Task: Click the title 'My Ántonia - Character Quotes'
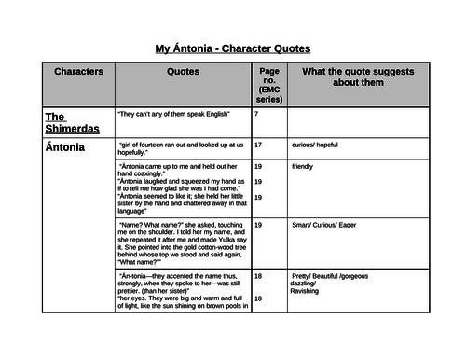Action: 232,48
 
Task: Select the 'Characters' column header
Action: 78,71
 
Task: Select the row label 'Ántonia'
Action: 64,146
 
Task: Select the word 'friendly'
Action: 303,166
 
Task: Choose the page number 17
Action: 258,145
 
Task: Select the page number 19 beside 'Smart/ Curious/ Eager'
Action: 258,225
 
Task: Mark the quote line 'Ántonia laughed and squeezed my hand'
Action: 180,186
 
